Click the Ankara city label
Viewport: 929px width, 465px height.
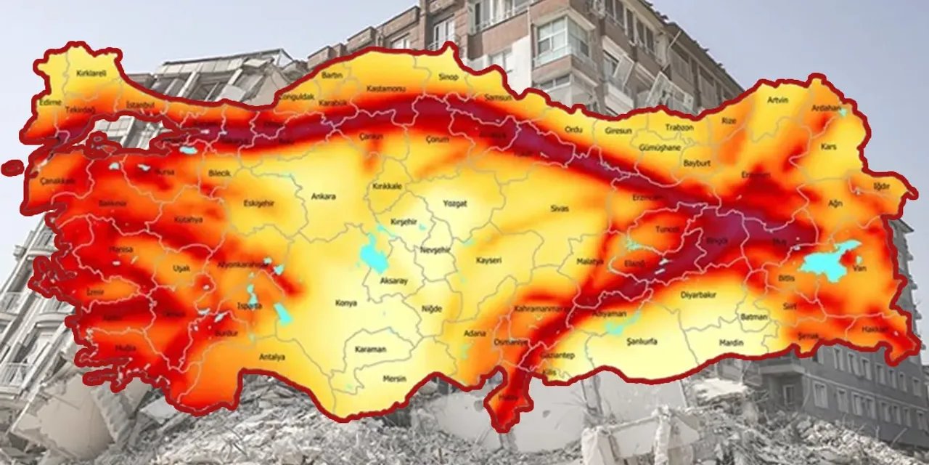pyautogui.click(x=323, y=196)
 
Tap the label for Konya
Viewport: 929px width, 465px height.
pyautogui.click(x=345, y=303)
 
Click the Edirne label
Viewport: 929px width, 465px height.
pyautogui.click(x=50, y=102)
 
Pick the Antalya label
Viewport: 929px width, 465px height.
pyautogui.click(x=271, y=357)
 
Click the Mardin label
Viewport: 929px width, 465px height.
pyautogui.click(x=731, y=342)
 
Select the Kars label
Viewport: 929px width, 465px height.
pyautogui.click(x=829, y=147)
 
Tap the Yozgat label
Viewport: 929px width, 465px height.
pyautogui.click(x=455, y=204)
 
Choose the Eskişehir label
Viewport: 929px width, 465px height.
pyautogui.click(x=258, y=203)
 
